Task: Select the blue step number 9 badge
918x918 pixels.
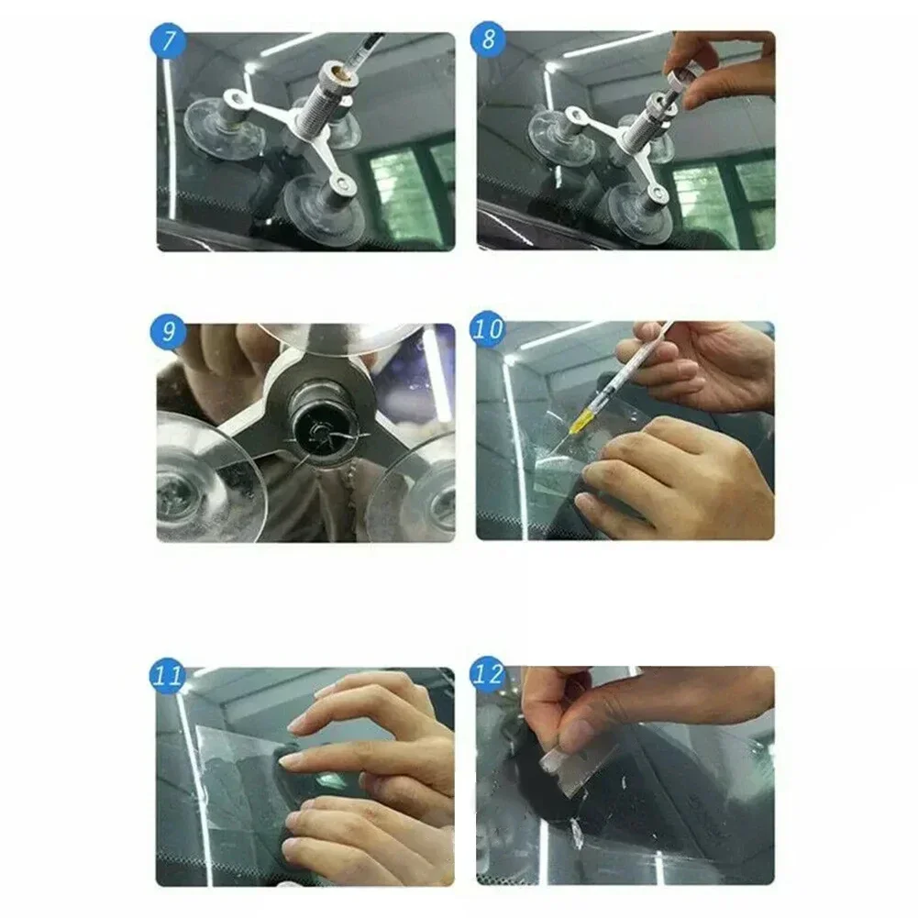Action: coord(168,331)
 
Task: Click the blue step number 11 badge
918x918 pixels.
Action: coord(168,677)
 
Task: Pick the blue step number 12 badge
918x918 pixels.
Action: coord(488,676)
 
